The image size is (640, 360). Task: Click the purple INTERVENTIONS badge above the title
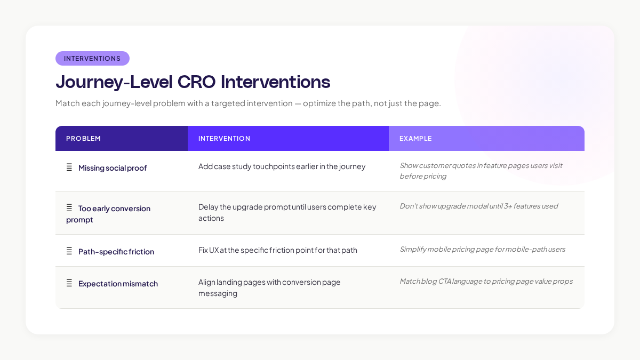tap(92, 59)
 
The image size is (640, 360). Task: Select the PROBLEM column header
tap(83, 139)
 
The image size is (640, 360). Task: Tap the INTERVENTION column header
tap(224, 139)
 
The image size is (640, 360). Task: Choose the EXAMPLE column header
tap(415, 139)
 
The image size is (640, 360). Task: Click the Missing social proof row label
tap(112, 168)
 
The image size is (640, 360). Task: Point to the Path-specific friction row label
tap(116, 252)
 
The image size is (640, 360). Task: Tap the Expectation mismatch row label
tap(118, 284)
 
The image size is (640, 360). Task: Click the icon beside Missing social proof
tap(69, 167)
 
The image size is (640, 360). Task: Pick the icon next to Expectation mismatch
tap(69, 283)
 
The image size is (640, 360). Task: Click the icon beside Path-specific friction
tap(69, 251)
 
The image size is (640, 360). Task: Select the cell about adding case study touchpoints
tap(282, 166)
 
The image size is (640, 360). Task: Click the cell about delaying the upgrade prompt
tap(287, 212)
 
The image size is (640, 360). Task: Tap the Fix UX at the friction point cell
tap(277, 250)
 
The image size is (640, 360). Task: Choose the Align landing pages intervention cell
tap(269, 287)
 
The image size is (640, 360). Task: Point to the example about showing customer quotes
tap(481, 171)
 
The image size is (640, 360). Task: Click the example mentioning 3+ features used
tap(478, 206)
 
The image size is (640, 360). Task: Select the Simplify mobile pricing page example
tap(482, 249)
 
